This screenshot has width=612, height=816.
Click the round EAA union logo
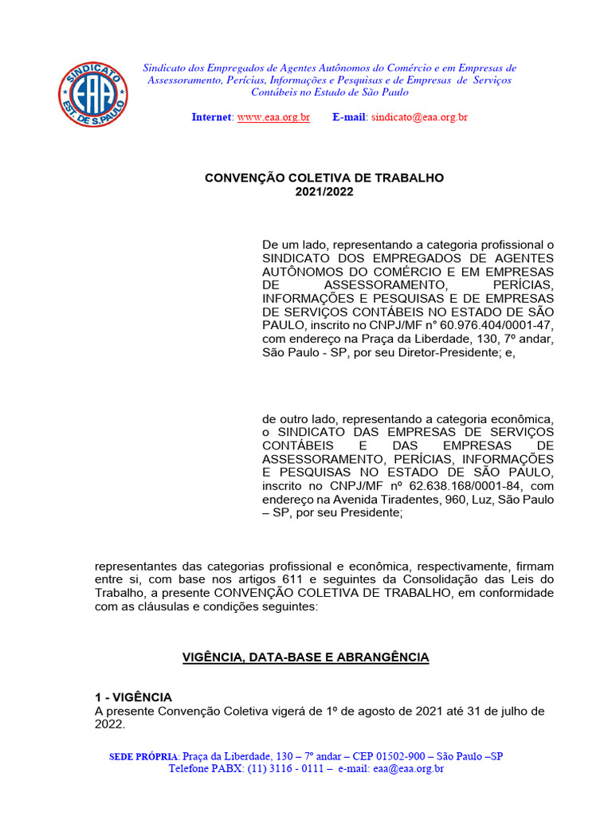coord(92,95)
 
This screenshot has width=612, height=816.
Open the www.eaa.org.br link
coord(273,117)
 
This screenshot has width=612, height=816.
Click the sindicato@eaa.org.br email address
coord(419,117)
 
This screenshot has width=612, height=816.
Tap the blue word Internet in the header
coord(212,117)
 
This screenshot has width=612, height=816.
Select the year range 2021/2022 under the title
coord(324,192)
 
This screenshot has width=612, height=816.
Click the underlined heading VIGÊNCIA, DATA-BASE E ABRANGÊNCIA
coord(306,657)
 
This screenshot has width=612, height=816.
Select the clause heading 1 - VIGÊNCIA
coord(133,697)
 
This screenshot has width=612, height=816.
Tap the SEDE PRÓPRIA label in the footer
coord(143,756)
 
